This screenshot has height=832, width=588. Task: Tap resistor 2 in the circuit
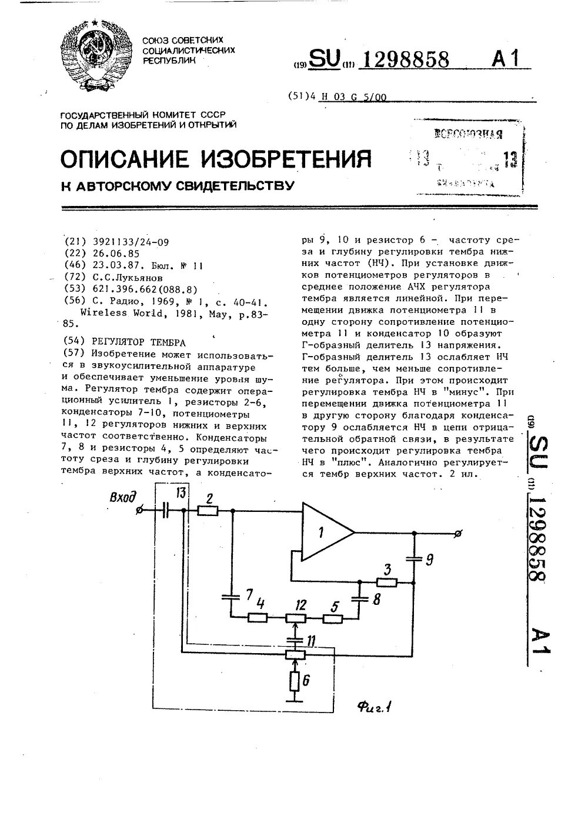click(x=208, y=511)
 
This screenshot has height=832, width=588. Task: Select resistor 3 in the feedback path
click(x=387, y=583)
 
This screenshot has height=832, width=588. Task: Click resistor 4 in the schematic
click(x=257, y=617)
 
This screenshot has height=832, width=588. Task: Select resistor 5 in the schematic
click(x=333, y=618)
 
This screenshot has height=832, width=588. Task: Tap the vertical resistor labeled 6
click(x=295, y=681)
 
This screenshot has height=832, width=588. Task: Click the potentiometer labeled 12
click(x=295, y=617)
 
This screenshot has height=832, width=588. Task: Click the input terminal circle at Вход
click(x=139, y=511)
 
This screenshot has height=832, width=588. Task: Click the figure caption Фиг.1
click(x=375, y=707)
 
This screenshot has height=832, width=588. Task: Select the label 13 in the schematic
click(x=181, y=492)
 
